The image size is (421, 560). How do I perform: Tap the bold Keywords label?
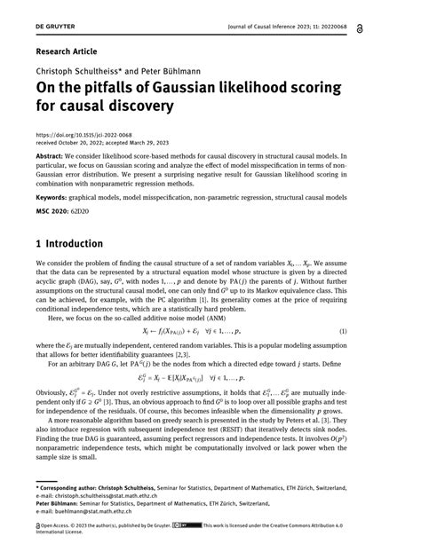(x=54, y=197)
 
